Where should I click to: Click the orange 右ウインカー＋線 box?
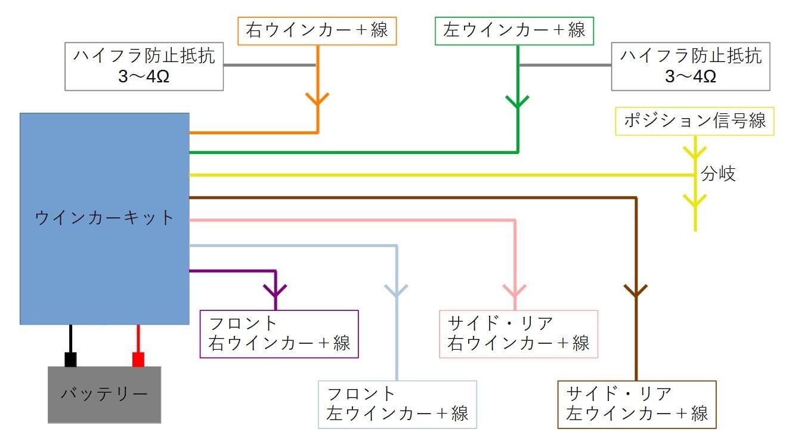click(317, 30)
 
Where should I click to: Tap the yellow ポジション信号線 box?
click(695, 121)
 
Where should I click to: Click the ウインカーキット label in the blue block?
click(104, 218)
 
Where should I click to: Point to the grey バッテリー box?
click(104, 394)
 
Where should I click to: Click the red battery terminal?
click(138, 359)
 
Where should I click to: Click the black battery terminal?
click(70, 359)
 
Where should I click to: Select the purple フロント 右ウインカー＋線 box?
click(279, 334)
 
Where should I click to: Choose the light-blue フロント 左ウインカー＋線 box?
click(397, 404)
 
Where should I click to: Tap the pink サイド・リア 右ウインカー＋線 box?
click(518, 334)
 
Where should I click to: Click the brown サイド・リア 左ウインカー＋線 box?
click(636, 404)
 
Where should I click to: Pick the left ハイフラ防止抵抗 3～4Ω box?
click(144, 66)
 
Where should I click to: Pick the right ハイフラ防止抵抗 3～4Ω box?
click(691, 66)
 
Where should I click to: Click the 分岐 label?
click(718, 174)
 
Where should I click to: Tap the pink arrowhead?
click(515, 289)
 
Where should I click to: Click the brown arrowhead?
click(636, 291)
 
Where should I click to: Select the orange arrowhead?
click(317, 99)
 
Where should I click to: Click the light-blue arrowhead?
click(397, 291)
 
